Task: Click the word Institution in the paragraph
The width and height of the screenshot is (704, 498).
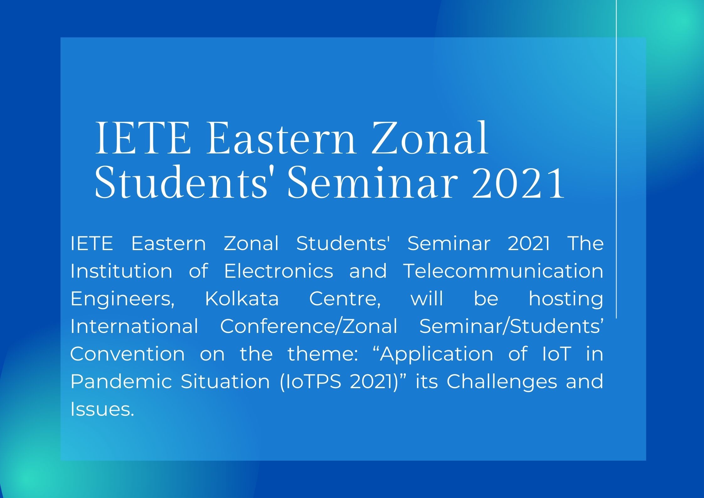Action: [121, 271]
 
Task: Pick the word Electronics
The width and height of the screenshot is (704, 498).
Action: [278, 271]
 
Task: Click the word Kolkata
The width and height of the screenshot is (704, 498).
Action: [242, 298]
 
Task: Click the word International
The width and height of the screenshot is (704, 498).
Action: [134, 326]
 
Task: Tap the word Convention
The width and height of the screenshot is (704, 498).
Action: [128, 354]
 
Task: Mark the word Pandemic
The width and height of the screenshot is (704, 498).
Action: [121, 381]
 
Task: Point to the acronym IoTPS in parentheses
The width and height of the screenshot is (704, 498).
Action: [313, 381]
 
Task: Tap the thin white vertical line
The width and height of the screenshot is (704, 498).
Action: [617, 159]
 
